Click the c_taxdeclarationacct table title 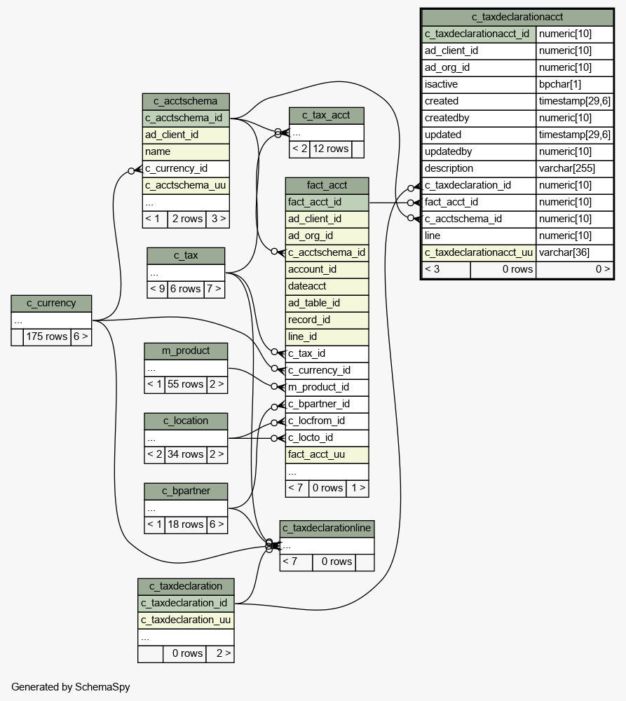tap(517, 17)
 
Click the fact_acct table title tap(327, 185)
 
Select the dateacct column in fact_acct tap(307, 286)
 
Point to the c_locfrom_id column tap(316, 421)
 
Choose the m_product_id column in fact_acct tap(318, 387)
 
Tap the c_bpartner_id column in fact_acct tap(319, 404)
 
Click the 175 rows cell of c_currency tap(46, 336)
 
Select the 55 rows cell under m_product tap(185, 384)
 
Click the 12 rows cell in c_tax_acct tap(330, 149)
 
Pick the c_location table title tap(186, 421)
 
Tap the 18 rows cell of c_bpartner tap(185, 524)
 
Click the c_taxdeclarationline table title tap(327, 528)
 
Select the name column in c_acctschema tap(158, 151)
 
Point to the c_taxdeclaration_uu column tap(186, 620)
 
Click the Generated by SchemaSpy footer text tap(71, 687)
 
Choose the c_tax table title tap(186, 255)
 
